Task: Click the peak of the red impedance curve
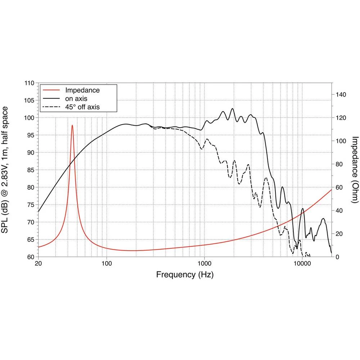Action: click(x=72, y=126)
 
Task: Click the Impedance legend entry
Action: click(x=82, y=90)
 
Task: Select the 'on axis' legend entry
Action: click(x=76, y=98)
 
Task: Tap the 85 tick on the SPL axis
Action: click(x=31, y=170)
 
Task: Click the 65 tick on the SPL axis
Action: click(x=31, y=239)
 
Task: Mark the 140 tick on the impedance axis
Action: click(x=341, y=95)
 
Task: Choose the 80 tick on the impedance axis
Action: click(x=339, y=164)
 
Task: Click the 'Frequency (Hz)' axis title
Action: click(x=185, y=275)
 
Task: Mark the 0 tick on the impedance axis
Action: click(x=338, y=257)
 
